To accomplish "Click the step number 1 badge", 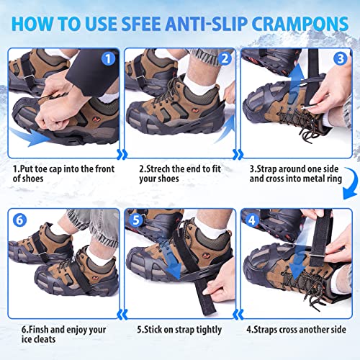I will (x=107, y=58).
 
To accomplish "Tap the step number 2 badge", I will (x=224, y=58).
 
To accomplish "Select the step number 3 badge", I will (x=340, y=58).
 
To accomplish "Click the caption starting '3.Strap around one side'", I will (x=297, y=169).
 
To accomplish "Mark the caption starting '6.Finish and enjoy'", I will (x=63, y=331).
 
